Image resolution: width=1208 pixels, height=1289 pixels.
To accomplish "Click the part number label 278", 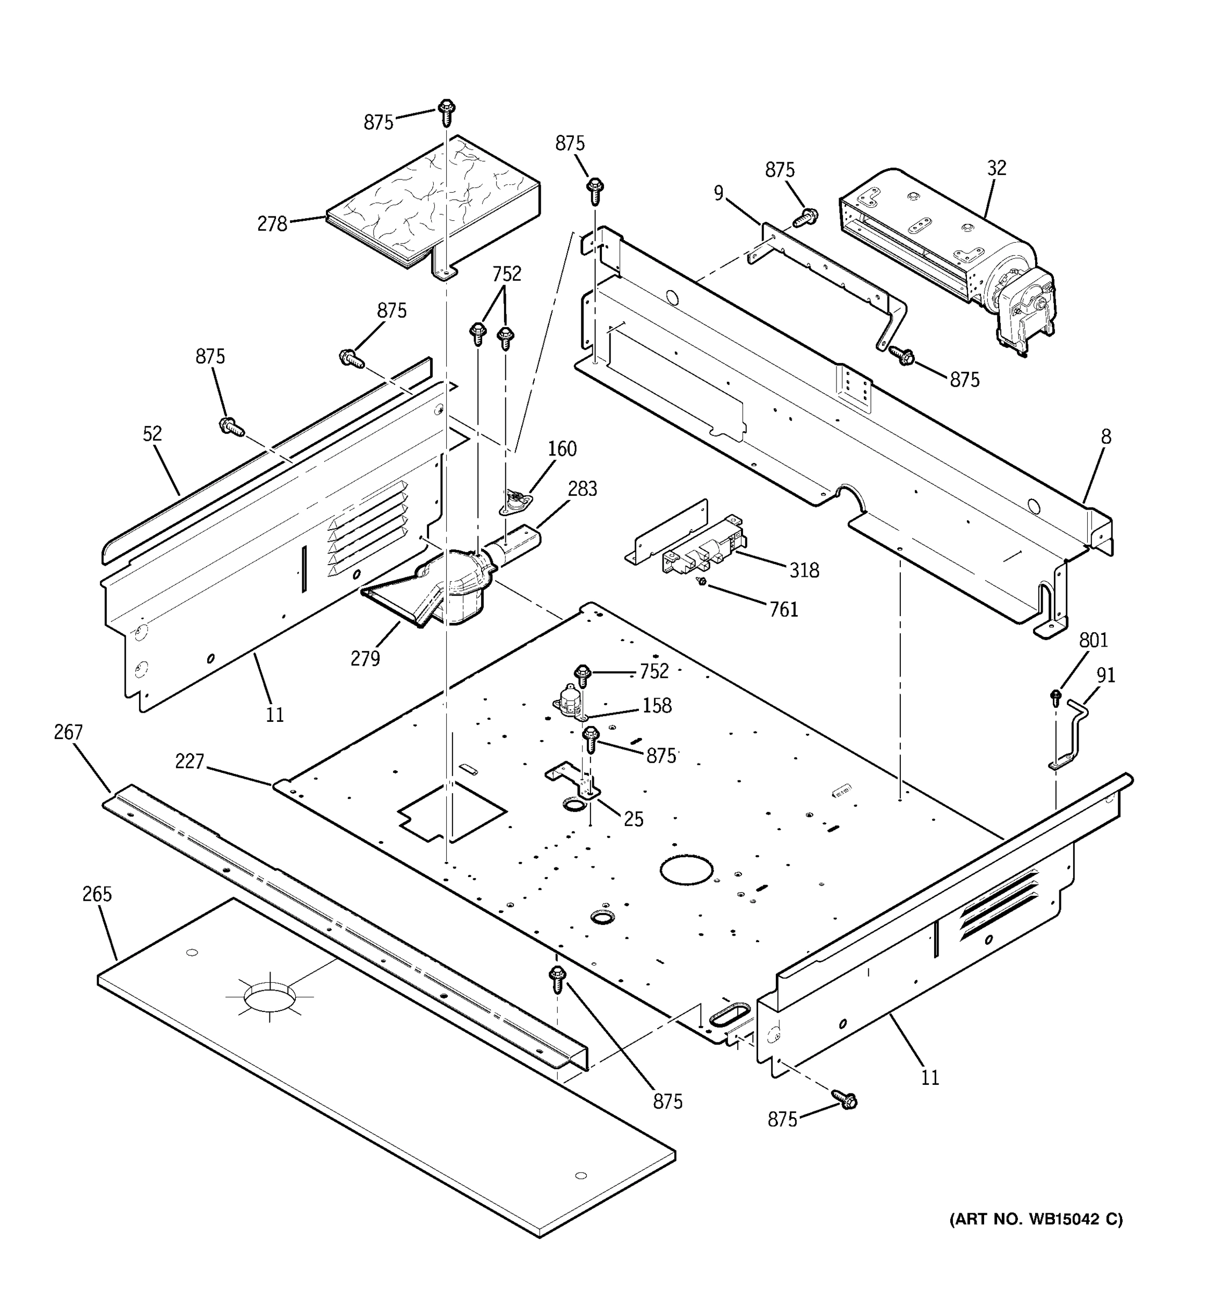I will coord(272,225).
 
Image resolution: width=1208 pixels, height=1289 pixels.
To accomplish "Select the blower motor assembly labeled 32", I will coord(946,253).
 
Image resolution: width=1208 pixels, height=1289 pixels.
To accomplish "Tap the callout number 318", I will coord(804,570).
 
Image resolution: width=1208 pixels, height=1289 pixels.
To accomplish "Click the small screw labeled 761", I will coord(701,582).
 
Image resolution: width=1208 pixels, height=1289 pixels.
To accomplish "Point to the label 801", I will coord(1093,641).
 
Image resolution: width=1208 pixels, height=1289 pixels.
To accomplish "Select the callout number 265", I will coord(97,895).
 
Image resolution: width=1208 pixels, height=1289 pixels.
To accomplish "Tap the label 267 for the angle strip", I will coord(68,733).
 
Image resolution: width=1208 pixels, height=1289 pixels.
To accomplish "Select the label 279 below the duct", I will coord(365,659).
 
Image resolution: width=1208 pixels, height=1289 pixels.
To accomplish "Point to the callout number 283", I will coord(582,489).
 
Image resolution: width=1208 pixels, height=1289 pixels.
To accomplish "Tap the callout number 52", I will coord(152,435).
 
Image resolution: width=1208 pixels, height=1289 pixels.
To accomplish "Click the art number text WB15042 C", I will coord(1036,1220).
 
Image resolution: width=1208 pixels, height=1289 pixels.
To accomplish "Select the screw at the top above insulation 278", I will coord(446,112).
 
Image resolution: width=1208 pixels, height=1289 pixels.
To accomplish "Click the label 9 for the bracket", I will coord(718,194).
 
